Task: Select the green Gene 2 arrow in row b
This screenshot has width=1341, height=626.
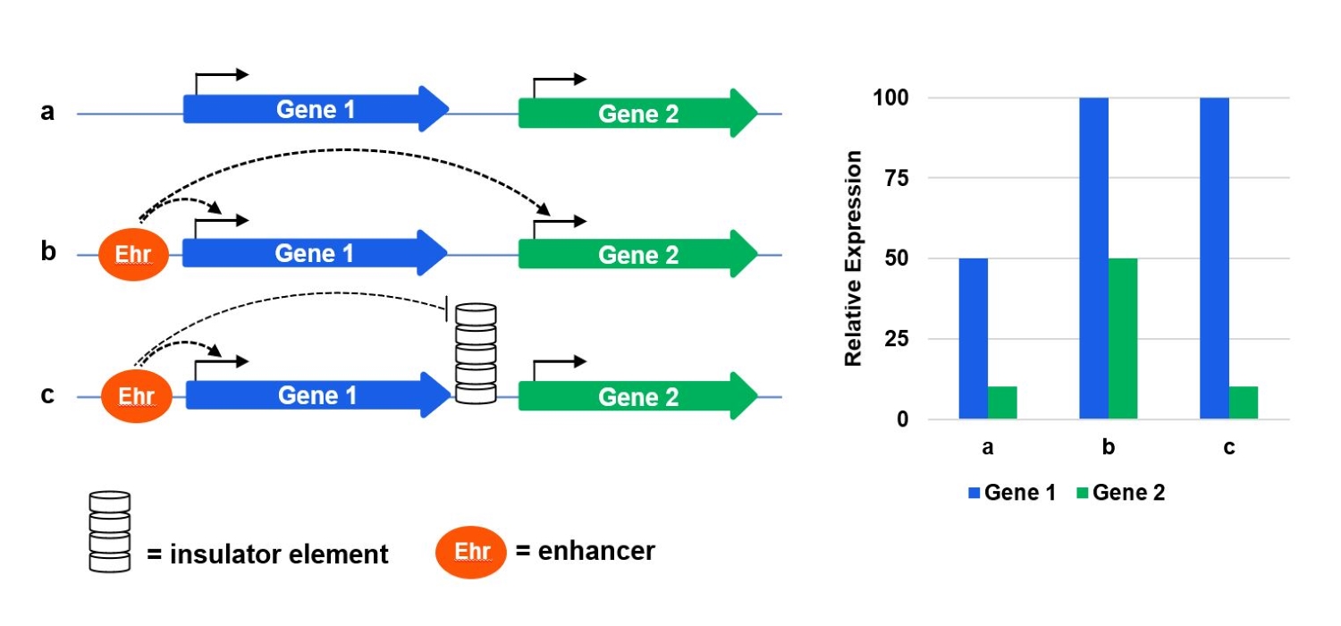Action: coord(637,255)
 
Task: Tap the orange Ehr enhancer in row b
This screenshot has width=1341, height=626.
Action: coord(133,255)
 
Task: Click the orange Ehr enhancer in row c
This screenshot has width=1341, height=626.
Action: coord(135,396)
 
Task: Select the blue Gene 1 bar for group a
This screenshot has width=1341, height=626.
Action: coord(973,339)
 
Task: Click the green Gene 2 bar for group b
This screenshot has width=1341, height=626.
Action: coord(1123,339)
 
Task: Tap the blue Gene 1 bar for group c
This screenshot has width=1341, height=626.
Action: coord(1214,258)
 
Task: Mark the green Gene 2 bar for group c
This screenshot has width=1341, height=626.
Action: coord(1244,402)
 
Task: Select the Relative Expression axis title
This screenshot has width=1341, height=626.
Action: coord(854,258)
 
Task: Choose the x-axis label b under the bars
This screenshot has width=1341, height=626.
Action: coord(1109,448)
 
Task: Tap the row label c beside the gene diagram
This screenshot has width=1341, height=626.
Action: coord(47,394)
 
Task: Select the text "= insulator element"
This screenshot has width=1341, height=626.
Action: coord(267,554)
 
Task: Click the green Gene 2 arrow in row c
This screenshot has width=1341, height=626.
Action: coord(637,396)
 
